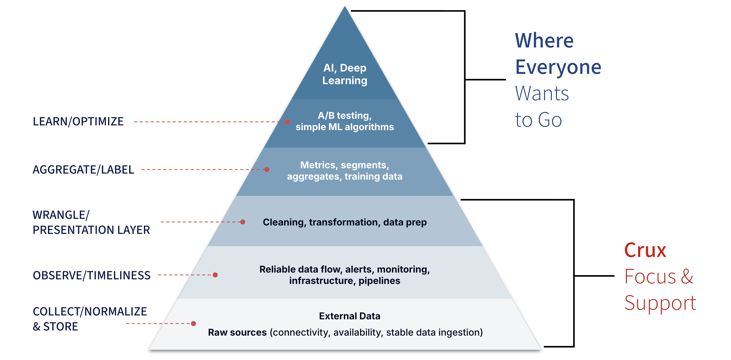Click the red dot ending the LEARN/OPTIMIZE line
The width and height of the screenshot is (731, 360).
pos(287,122)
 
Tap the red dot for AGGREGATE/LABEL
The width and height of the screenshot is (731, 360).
pos(267,169)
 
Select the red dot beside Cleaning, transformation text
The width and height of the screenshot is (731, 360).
pos(243,222)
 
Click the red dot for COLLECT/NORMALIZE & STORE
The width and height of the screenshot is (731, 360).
pos(194,323)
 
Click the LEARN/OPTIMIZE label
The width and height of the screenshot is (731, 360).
pos(78,121)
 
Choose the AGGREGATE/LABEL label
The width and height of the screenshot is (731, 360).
pos(83,170)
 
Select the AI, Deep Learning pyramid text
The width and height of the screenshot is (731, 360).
pos(345,74)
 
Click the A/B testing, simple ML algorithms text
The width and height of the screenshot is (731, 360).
pos(345,121)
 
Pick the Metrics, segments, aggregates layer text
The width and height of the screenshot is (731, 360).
pos(345,170)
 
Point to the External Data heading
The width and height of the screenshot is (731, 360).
pos(350,316)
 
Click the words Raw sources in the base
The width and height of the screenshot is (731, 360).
pos(237,332)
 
